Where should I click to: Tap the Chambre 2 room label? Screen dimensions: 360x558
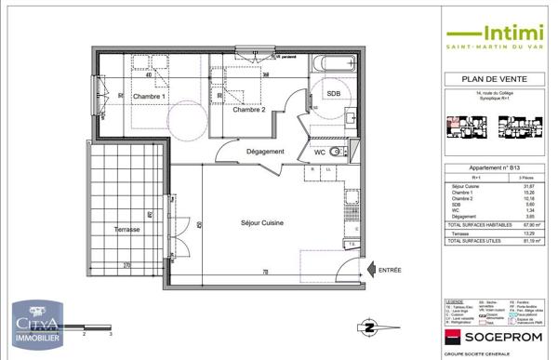pyautogui.click(x=249, y=110)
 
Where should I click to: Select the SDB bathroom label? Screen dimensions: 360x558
pyautogui.click(x=332, y=95)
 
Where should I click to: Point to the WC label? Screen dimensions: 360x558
pyautogui.click(x=319, y=152)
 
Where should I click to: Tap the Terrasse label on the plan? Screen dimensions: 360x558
pyautogui.click(x=122, y=229)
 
